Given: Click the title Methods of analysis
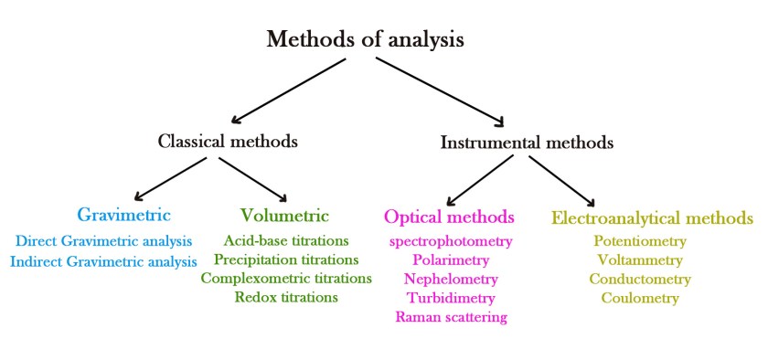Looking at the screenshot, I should tap(365, 40).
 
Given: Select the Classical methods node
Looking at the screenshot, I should tap(228, 142).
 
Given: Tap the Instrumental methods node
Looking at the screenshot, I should tap(527, 143).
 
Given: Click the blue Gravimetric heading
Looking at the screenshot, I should tap(123, 216).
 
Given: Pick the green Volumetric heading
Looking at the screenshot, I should tap(284, 216).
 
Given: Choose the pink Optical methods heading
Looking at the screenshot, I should tap(449, 217).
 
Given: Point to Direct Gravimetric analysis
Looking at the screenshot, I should tap(104, 241).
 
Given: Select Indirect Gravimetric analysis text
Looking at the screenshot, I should tap(103, 260).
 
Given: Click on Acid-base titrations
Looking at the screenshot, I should tap(286, 240).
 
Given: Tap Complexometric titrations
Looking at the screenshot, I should tap(286, 278).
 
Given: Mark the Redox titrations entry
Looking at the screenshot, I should tap(286, 297).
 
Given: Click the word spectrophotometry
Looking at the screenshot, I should tap(452, 241).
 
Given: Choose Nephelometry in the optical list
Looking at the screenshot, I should tap(451, 279).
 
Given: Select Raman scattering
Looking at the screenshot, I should tap(451, 317).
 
